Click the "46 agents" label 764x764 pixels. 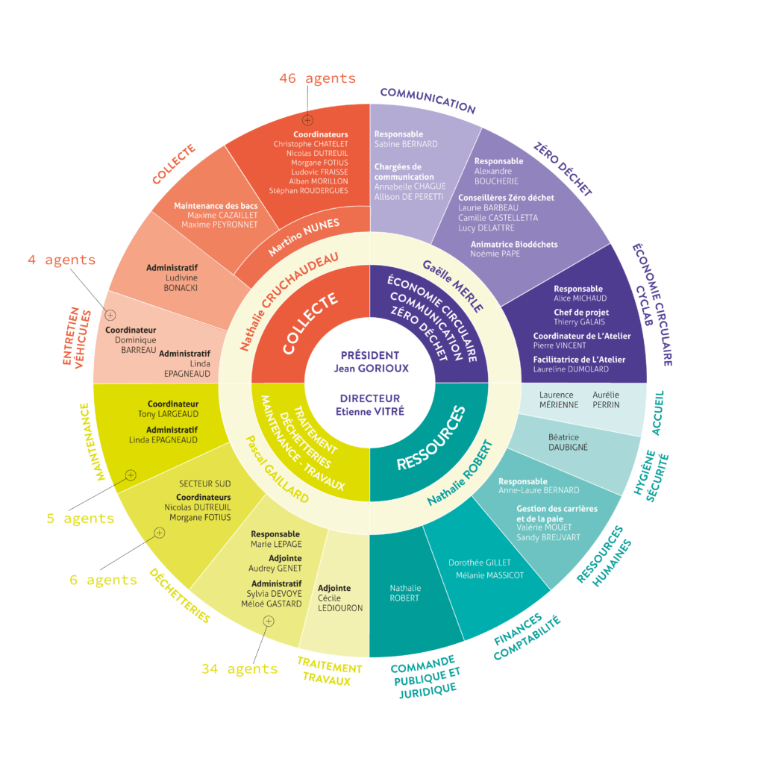pyautogui.click(x=317, y=78)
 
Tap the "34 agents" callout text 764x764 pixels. pyautogui.click(x=239, y=669)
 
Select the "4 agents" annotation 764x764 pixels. pyautogui.click(x=62, y=260)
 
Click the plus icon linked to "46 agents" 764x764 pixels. pyautogui.click(x=307, y=120)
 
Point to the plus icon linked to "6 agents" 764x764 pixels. pyautogui.click(x=158, y=533)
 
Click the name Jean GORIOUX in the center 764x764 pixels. pyautogui.click(x=370, y=368)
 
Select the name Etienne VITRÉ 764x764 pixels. pyautogui.click(x=370, y=410)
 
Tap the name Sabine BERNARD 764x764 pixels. pyautogui.click(x=406, y=144)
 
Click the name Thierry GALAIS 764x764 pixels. pyautogui.click(x=579, y=322)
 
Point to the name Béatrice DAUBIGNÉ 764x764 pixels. pyautogui.click(x=569, y=442)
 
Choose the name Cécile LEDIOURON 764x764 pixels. pyautogui.click(x=340, y=603)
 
